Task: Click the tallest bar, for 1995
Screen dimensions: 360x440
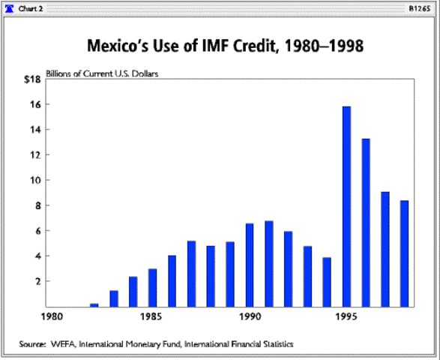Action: (347, 206)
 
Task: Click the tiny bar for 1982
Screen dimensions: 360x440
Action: (94, 304)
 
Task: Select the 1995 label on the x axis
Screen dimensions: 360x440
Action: (347, 316)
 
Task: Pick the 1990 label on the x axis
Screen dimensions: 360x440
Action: (250, 316)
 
